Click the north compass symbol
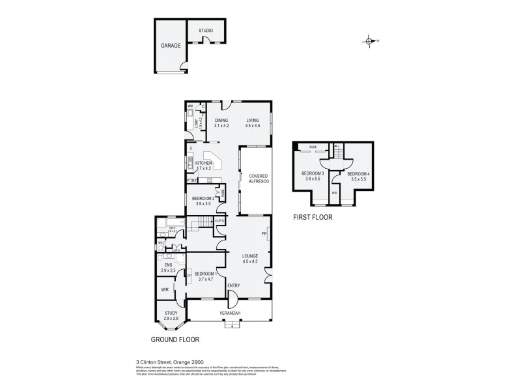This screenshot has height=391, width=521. pyautogui.click(x=369, y=41)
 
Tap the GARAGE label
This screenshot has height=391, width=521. pyautogui.click(x=171, y=46)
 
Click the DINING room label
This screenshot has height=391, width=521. pyautogui.click(x=221, y=121)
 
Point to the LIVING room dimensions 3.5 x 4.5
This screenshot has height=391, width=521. pyautogui.click(x=252, y=126)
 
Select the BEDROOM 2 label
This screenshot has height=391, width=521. pyautogui.click(x=203, y=198)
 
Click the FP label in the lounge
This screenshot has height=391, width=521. pyautogui.click(x=264, y=233)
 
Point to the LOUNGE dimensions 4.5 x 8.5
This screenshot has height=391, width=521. pyautogui.click(x=250, y=261)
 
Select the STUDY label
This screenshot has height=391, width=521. pyautogui.click(x=171, y=313)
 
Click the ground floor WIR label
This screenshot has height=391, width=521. pyautogui.click(x=165, y=289)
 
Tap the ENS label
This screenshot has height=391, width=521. pyautogui.click(x=168, y=265)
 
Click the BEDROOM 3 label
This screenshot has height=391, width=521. pyautogui.click(x=313, y=173)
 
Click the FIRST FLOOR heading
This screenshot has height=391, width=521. pyautogui.click(x=313, y=218)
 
